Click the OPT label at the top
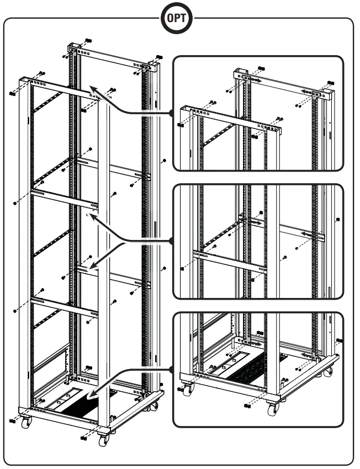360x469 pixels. (x=179, y=18)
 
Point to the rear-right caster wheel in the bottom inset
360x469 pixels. (x=330, y=374)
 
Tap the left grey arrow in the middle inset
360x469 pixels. (x=255, y=222)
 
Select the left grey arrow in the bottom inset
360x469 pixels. (x=255, y=343)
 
